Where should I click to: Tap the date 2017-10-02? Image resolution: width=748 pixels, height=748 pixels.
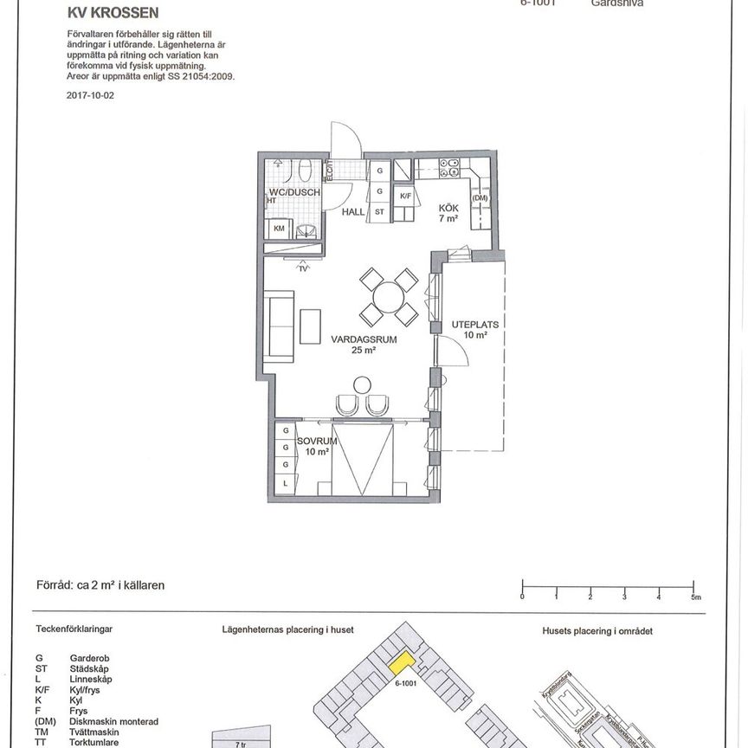(x=90, y=96)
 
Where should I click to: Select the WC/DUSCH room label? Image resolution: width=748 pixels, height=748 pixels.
(x=294, y=192)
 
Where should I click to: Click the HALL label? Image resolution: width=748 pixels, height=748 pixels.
(x=353, y=210)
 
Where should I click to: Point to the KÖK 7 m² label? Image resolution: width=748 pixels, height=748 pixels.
(x=448, y=213)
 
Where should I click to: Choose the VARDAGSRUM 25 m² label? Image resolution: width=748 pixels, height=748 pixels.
(x=364, y=345)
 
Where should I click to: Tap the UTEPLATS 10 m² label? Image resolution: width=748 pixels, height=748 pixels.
(x=475, y=330)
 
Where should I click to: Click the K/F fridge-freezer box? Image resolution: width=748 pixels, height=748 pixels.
(x=404, y=197)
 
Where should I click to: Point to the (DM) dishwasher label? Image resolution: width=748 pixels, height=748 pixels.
(x=480, y=198)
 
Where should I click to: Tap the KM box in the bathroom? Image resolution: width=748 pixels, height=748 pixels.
(x=280, y=229)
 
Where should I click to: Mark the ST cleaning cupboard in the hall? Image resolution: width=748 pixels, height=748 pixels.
(x=379, y=210)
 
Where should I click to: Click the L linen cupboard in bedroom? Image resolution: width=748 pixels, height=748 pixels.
(x=285, y=482)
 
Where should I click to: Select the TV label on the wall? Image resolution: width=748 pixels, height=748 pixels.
(x=303, y=268)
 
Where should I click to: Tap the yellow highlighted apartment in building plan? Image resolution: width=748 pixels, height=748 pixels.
(x=400, y=664)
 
